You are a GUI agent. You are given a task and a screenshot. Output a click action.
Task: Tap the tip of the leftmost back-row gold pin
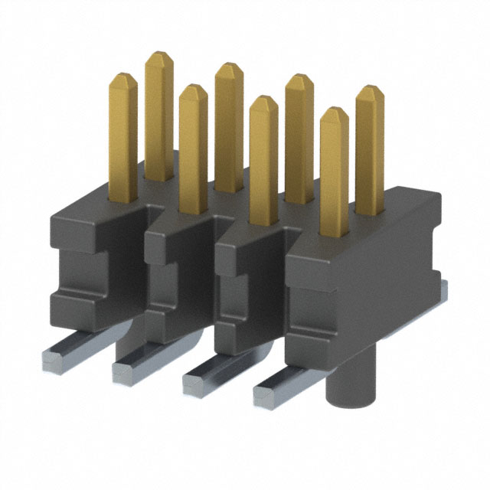(158, 57)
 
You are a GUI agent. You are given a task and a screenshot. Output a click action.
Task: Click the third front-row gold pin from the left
(263, 153)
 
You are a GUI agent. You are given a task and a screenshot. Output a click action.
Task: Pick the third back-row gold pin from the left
(299, 130)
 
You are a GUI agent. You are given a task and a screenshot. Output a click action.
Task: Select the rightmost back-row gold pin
(370, 145)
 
